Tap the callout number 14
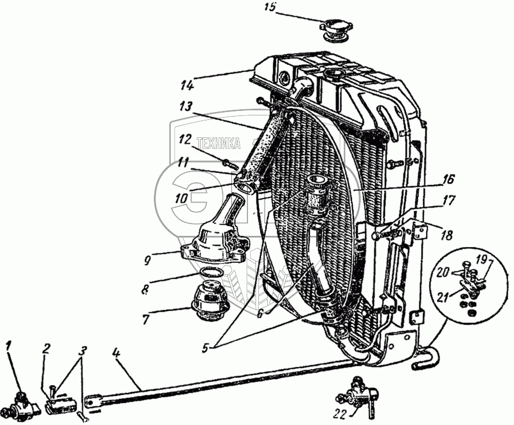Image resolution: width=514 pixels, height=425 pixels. point(187,86)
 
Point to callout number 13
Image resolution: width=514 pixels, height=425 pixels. point(187,106)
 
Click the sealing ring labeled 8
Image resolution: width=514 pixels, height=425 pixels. point(210,273)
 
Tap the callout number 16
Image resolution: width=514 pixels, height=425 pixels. point(447,180)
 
